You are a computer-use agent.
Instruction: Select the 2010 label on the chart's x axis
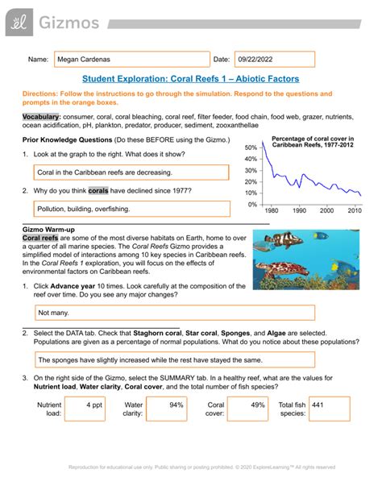[x=353, y=210]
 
